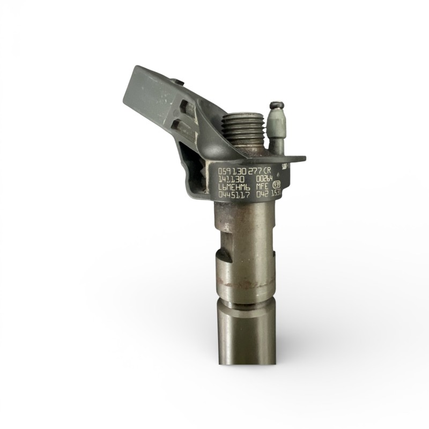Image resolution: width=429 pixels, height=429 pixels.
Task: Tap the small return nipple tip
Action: point(276,105)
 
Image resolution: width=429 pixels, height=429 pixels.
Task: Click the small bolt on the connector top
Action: point(179,82)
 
